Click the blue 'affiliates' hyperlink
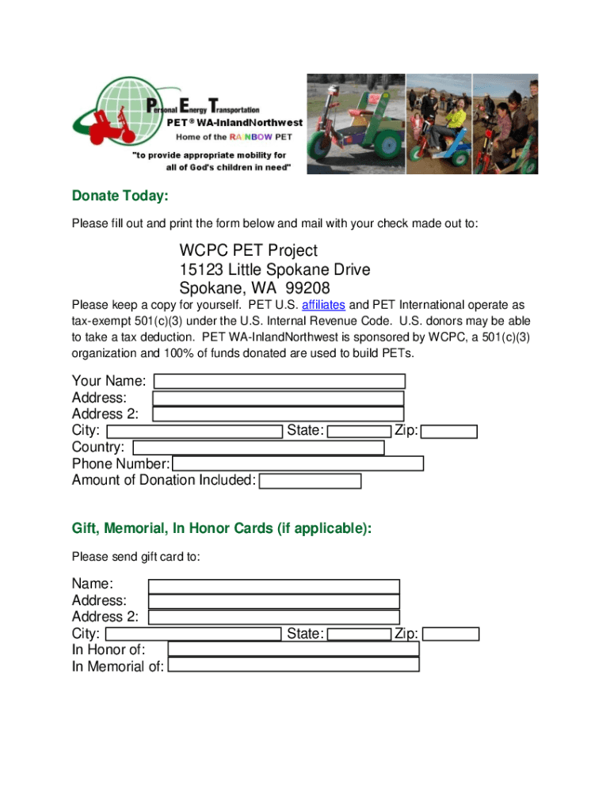coord(323,305)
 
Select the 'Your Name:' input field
coord(280,381)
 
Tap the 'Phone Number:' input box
coord(298,463)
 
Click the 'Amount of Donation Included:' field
coord(310,481)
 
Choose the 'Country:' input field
coord(259,447)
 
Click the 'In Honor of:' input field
coord(293,649)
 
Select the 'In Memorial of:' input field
coord(294,665)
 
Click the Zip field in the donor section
coord(449,432)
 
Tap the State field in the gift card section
coord(359,634)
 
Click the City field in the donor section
coord(194,432)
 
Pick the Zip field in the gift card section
coord(451,634)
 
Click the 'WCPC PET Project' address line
coord(249,251)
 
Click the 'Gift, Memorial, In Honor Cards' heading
coord(221,528)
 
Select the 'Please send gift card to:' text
coord(135,557)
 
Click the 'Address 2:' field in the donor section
coord(277,414)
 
